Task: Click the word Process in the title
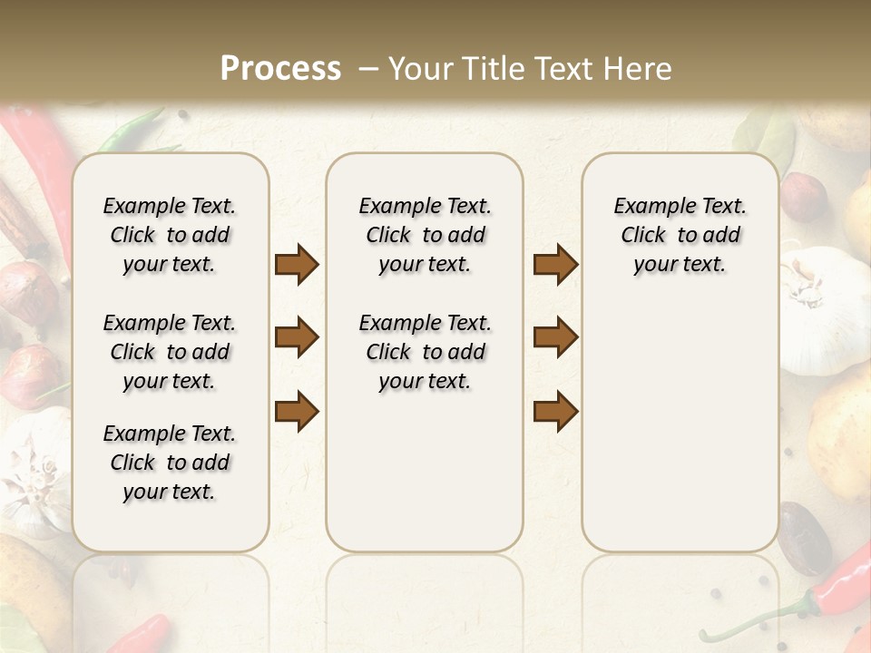[x=280, y=68]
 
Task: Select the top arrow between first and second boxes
[x=297, y=265]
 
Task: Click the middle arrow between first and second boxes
[x=297, y=337]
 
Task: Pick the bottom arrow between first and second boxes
[x=297, y=411]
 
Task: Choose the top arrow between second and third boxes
[x=555, y=265]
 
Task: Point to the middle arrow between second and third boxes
[x=555, y=337]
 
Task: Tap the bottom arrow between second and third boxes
[x=555, y=411]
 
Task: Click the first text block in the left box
[x=170, y=235]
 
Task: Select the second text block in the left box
[x=170, y=352]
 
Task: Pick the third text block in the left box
[x=170, y=463]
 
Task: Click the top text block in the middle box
[x=425, y=235]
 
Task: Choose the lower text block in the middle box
[x=425, y=352]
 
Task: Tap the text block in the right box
[x=680, y=235]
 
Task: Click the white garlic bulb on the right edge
[x=826, y=308]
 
